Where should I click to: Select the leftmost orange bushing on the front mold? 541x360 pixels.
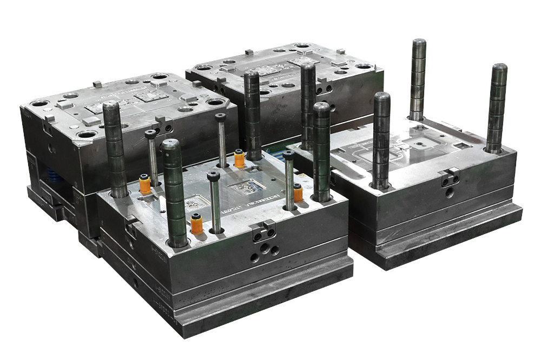(145, 184)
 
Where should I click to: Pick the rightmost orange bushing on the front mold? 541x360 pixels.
(298, 192)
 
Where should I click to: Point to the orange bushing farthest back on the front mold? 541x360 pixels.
(239, 159)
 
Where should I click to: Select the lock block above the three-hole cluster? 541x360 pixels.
(263, 231)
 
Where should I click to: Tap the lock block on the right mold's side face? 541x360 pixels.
(450, 176)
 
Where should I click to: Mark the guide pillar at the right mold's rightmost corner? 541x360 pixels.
(497, 108)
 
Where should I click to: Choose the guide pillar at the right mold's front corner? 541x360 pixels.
(381, 141)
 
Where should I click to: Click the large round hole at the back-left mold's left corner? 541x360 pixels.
(39, 103)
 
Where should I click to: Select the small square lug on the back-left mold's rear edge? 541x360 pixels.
(97, 84)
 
